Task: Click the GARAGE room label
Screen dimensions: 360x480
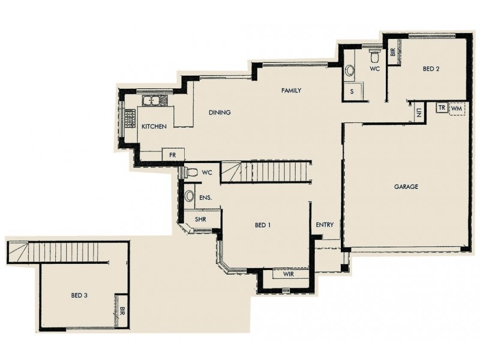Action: (406, 187)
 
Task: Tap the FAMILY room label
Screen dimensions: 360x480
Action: (291, 91)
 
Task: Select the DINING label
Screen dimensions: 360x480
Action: (220, 112)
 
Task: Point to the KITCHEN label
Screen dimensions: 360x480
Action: (154, 127)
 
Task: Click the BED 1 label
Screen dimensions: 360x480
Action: (263, 225)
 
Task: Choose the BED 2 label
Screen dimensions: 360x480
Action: (431, 69)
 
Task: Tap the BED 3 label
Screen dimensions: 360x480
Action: (80, 295)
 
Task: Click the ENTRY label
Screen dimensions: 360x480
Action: (325, 225)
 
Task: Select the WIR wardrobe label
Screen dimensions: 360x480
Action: (286, 274)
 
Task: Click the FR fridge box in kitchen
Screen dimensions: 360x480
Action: (172, 155)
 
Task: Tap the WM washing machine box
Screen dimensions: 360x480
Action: (457, 107)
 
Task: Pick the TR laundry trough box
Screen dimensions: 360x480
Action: (442, 107)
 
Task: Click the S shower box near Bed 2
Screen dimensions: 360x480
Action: (352, 91)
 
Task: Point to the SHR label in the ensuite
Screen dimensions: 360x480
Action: (200, 220)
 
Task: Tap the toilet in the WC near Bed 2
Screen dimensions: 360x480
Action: (375, 57)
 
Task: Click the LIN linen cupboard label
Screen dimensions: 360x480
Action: (418, 112)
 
